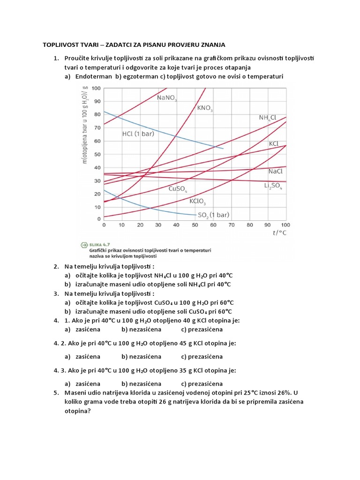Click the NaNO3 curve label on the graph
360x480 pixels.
point(167,98)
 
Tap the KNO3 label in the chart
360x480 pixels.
point(205,108)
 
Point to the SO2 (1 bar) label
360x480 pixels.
point(213,215)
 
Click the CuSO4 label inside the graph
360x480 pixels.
point(178,189)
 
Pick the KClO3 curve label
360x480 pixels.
point(197,202)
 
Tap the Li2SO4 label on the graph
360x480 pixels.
point(273,186)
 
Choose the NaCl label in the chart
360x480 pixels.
point(276,172)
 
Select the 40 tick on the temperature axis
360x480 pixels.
point(176,225)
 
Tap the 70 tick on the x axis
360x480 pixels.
point(231,225)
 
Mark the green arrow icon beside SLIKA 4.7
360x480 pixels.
point(84,244)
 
